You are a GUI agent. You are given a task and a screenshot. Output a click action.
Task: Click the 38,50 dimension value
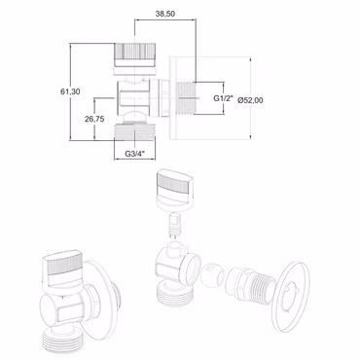[x=165, y=14]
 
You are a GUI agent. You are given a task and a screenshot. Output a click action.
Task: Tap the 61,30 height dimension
[x=70, y=91]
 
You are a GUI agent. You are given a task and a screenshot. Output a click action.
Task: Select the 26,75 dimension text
[x=94, y=119]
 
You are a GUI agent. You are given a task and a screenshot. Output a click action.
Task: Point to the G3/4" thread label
[x=134, y=154]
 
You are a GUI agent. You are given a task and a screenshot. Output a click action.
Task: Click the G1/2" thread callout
[x=224, y=98]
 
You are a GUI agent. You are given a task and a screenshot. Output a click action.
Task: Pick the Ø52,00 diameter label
[x=250, y=100]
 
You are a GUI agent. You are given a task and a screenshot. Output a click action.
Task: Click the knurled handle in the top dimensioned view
[x=134, y=54]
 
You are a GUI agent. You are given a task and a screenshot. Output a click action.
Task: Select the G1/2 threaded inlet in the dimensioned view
[x=186, y=98]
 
